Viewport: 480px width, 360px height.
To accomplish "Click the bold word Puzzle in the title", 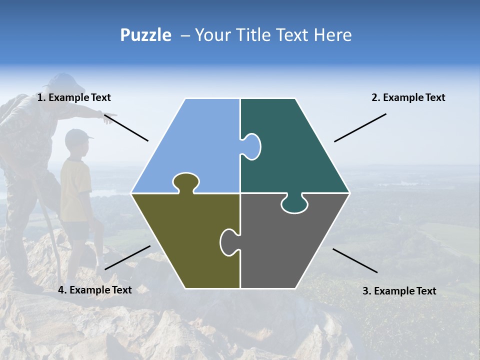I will pyautogui.click(x=145, y=35).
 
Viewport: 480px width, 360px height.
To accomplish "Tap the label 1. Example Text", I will pyautogui.click(x=74, y=97).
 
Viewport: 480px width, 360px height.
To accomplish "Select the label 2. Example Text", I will pyautogui.click(x=408, y=97).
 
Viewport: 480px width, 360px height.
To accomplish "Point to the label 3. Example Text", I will pyautogui.click(x=399, y=291).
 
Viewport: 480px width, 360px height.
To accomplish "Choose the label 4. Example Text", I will pyautogui.click(x=95, y=290).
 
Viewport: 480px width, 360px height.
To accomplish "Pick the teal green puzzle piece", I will pyautogui.click(x=295, y=150).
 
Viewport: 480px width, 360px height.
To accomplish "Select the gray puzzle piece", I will pyautogui.click(x=290, y=245).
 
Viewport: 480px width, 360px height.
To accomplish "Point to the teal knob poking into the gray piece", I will pyautogui.click(x=294, y=204).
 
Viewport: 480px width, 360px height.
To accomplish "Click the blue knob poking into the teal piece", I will pyautogui.click(x=251, y=146).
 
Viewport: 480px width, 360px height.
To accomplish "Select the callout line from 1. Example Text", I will pyautogui.click(x=126, y=128).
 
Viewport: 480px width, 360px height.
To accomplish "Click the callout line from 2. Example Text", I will pyautogui.click(x=360, y=127).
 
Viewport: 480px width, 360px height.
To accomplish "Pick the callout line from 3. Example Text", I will pyautogui.click(x=355, y=260).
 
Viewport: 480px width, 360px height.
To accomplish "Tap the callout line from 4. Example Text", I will pyautogui.click(x=127, y=257).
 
